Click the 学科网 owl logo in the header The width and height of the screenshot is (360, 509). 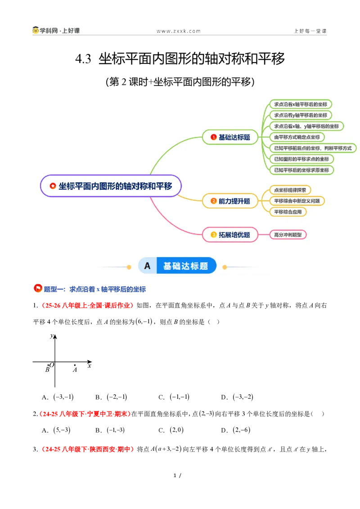tap(36, 30)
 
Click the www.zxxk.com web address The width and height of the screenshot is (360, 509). tap(178, 31)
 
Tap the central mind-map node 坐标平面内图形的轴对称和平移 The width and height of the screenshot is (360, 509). tap(111, 186)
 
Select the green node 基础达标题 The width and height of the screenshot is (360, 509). tap(230, 137)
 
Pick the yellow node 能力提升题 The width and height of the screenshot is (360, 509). tap(230, 201)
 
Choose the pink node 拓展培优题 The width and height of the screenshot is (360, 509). tap(230, 235)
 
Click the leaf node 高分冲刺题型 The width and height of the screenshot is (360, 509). tap(288, 235)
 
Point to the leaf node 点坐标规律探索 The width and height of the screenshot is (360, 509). tap(290, 190)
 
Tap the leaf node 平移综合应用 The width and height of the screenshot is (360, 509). tap(288, 212)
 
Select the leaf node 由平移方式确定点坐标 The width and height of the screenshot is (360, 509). tap(297, 137)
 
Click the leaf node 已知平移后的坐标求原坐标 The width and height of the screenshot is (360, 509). tap(301, 170)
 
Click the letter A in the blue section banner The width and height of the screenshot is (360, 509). tap(147, 266)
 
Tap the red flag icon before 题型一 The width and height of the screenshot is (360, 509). tap(38, 288)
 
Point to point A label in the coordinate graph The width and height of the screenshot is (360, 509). tap(75, 370)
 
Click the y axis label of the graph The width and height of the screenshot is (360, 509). tap(52, 335)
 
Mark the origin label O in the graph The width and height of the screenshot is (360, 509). tap(52, 365)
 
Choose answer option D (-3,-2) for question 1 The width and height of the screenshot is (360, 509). tap(237, 397)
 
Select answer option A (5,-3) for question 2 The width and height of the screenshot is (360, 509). tap(56, 430)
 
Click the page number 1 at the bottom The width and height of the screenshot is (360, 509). tap(175, 476)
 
